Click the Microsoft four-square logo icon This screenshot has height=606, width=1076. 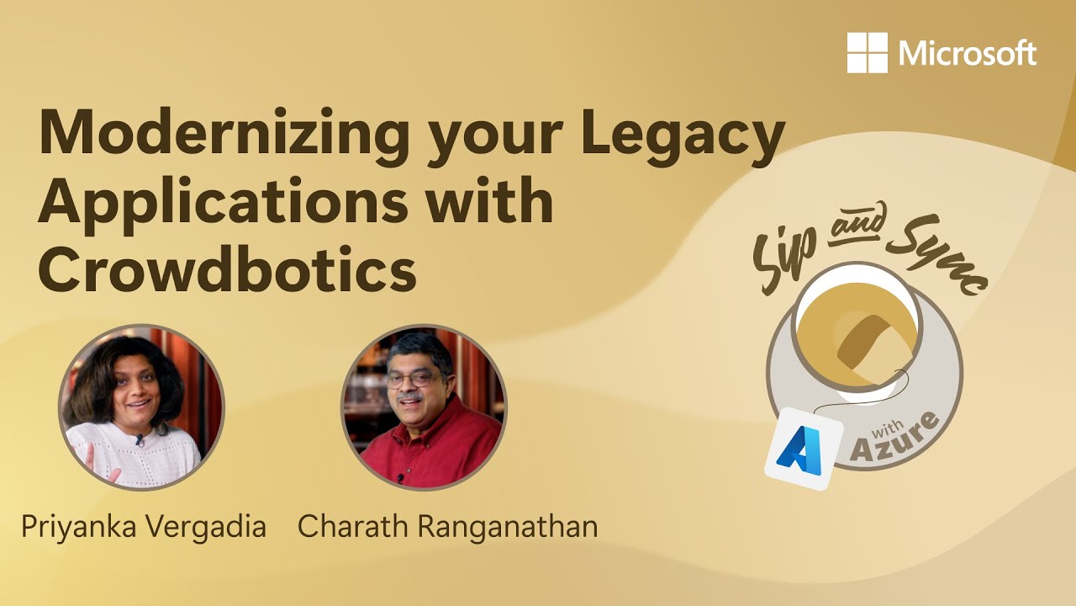pyautogui.click(x=867, y=52)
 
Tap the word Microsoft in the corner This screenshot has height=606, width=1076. pyautogui.click(x=968, y=54)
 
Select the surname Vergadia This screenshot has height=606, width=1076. pyautogui.click(x=205, y=527)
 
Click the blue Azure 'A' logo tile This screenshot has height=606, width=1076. pyautogui.click(x=803, y=449)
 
